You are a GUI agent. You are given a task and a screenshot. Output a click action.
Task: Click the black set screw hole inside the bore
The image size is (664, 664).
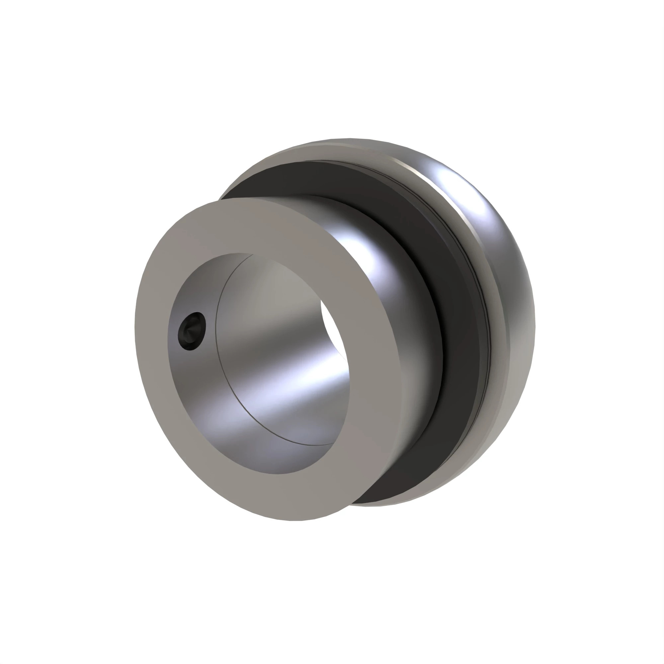pos(192,332)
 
